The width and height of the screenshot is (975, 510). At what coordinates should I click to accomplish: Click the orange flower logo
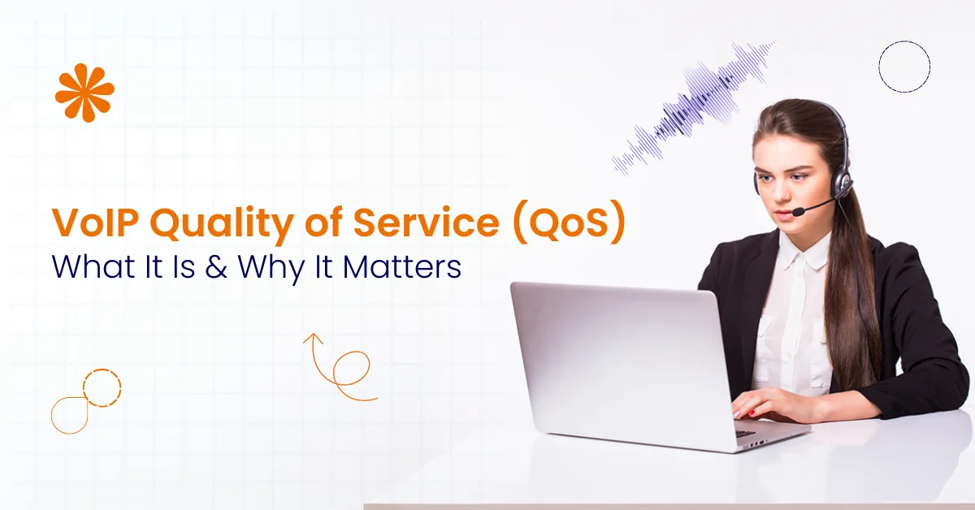84,93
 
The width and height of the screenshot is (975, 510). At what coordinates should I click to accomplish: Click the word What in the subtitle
90,268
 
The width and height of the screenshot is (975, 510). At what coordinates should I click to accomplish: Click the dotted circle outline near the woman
903,67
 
